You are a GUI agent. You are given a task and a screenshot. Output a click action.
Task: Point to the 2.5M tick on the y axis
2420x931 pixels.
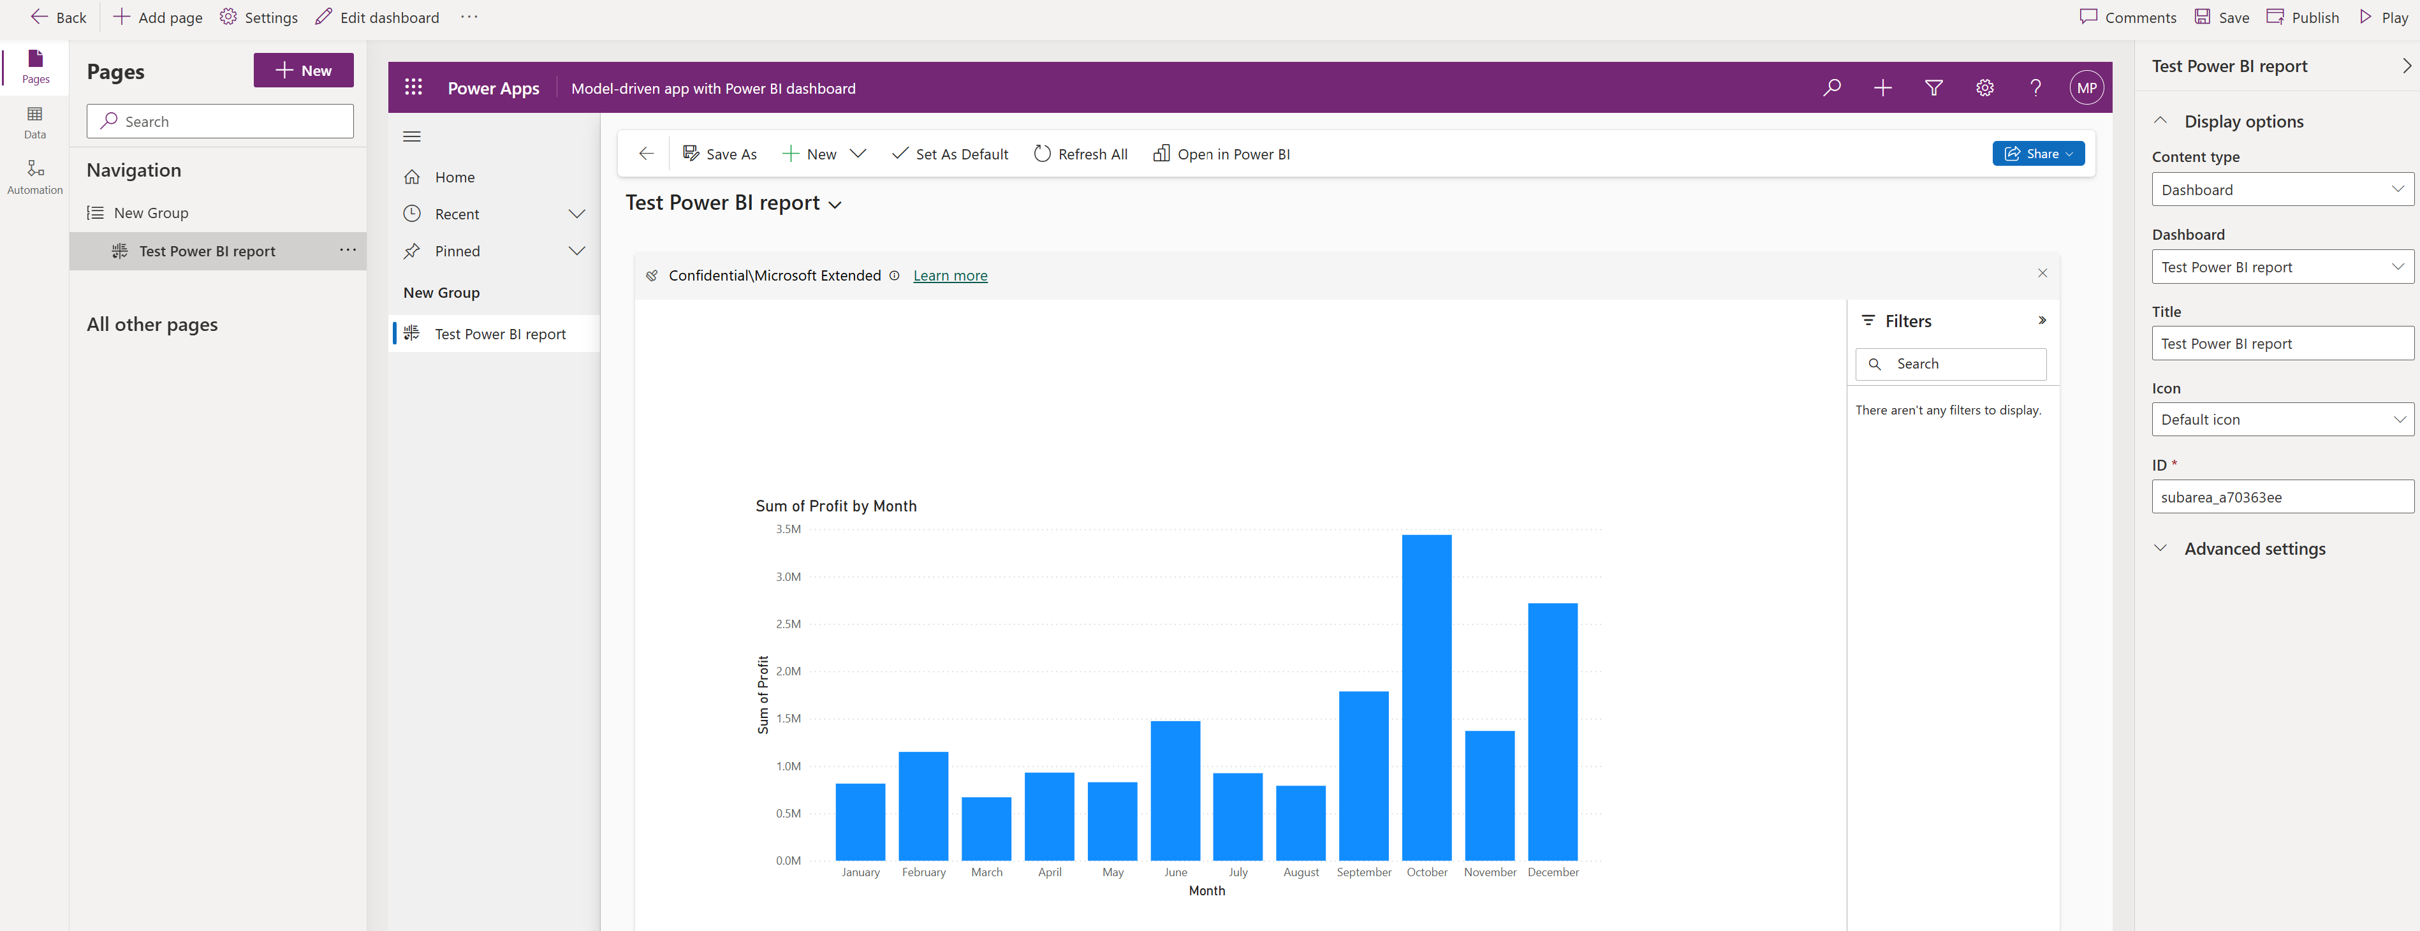(788, 624)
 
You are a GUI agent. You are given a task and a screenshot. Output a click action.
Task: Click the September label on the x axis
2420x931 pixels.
(1364, 872)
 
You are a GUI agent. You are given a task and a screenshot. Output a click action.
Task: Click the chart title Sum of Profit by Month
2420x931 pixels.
(836, 506)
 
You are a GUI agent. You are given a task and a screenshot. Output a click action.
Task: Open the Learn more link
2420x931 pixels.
(950, 275)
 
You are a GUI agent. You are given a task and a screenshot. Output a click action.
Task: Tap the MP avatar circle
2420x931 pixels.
(2086, 87)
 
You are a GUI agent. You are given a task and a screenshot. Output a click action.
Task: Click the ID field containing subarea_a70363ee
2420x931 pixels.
(2282, 497)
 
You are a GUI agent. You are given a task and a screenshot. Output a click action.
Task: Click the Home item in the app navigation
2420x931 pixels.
(455, 177)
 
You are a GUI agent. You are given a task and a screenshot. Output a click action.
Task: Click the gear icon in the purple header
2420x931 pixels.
(1984, 87)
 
